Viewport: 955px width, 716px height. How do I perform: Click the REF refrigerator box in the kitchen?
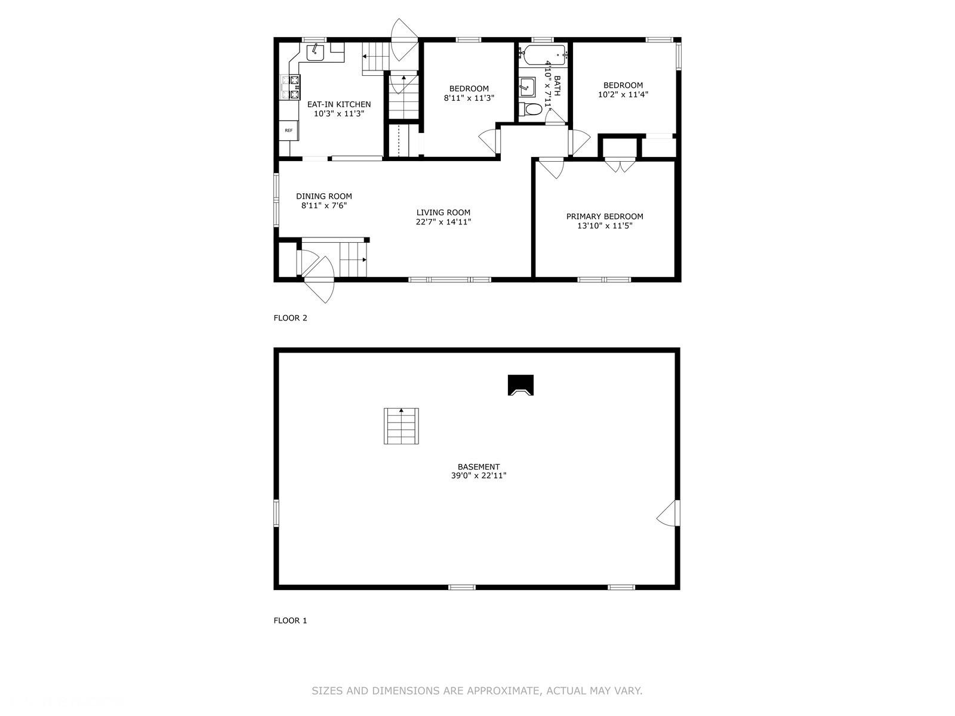pos(289,130)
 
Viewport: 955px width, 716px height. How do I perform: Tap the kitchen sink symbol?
pos(315,53)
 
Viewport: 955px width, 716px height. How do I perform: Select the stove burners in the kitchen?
pos(291,87)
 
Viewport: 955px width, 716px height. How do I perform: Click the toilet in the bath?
pos(531,109)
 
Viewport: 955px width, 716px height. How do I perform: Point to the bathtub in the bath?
pos(544,55)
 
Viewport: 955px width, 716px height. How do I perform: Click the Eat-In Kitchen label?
pos(339,104)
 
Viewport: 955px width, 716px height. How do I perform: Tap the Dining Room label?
pos(324,196)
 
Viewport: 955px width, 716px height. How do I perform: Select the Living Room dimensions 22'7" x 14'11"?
pos(443,222)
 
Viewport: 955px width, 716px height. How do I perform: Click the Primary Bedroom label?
pos(605,217)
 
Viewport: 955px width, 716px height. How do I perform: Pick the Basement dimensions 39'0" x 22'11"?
pos(479,476)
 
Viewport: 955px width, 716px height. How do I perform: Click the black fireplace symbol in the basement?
pos(520,385)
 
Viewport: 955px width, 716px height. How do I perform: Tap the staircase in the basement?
pos(401,426)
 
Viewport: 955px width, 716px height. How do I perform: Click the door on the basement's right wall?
pos(669,513)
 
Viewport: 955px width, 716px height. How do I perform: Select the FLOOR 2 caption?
pos(290,318)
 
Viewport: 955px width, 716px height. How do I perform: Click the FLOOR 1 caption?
pos(290,621)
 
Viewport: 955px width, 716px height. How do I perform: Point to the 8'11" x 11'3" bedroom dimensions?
pos(469,98)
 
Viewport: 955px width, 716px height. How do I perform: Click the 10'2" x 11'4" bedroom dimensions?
pos(623,94)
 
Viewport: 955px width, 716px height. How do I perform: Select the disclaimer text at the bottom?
pos(477,691)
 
